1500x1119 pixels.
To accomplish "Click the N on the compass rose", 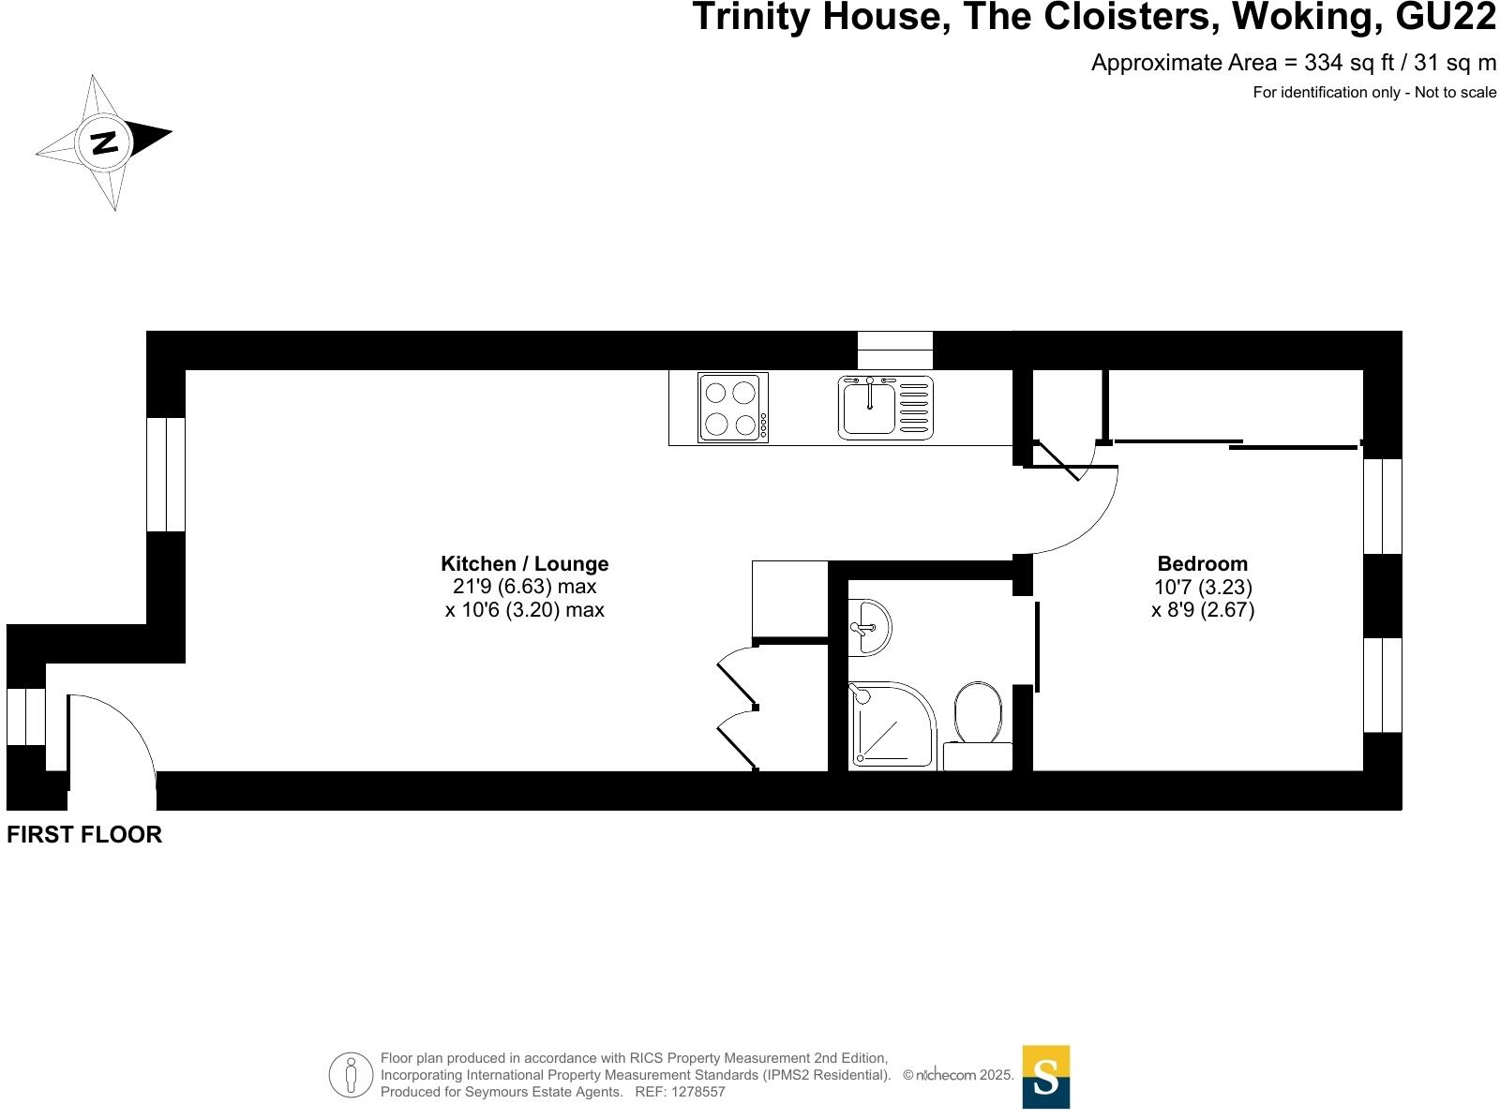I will coord(104,142).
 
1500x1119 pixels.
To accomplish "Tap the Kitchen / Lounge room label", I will coord(524,564).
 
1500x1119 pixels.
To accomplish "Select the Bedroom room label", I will coord(1202,564).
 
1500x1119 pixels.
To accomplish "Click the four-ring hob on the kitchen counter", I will coord(732,407).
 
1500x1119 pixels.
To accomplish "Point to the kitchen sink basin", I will coord(869,409).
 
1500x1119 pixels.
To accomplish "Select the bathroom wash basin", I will coord(868,627).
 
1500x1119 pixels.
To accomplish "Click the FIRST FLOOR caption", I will coord(84,834).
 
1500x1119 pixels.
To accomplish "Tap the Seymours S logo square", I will coord(1045,1076).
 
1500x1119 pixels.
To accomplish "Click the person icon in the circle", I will coord(352,1074).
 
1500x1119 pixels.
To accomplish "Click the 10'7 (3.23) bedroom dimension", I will coord(1202,588).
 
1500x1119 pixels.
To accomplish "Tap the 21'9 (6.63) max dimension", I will coord(524,588).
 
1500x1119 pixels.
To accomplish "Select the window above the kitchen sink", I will coord(894,350).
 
